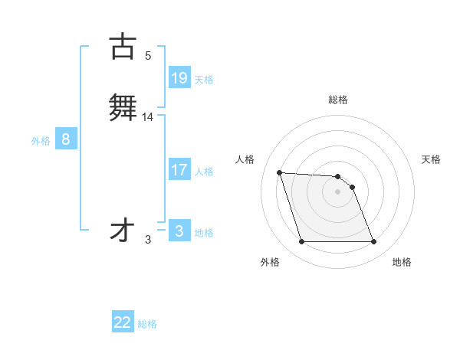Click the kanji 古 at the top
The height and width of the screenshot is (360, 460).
123,46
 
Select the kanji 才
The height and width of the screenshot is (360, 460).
123,231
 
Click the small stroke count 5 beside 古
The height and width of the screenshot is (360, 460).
148,55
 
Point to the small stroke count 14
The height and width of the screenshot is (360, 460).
148,116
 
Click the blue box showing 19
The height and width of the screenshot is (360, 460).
179,78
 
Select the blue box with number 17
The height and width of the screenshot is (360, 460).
179,170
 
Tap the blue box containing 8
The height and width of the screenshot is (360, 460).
66,139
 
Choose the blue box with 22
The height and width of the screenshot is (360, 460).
123,322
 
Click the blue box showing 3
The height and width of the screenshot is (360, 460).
179,231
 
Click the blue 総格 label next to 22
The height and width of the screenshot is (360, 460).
147,324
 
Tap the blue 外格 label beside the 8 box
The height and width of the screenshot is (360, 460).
40,141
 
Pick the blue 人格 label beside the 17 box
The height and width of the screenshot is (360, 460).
204,172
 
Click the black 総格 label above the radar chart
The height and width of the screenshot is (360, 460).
337,100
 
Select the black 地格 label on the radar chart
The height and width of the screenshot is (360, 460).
402,262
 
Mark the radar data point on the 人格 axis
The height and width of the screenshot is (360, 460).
280,172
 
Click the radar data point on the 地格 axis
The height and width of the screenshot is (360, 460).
373,242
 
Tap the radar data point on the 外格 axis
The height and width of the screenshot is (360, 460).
301,242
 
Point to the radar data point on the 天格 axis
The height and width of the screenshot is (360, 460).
352,187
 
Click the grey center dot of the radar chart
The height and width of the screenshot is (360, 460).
337,191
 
